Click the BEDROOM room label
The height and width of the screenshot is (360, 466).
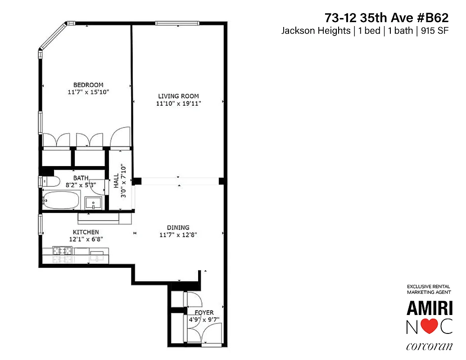pos(88,85)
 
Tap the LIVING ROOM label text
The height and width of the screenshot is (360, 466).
pos(178,96)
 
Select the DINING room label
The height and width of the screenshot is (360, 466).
pos(178,227)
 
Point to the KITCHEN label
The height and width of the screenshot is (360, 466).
pos(84,232)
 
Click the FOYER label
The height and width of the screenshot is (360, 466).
pos(204,312)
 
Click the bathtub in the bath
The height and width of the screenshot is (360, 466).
pos(61,200)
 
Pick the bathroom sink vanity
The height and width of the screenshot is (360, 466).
pos(94,202)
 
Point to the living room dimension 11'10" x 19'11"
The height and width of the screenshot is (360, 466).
pos(178,103)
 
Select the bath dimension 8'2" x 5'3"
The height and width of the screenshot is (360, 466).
pos(81,184)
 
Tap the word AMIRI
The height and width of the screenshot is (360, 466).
pos(430,308)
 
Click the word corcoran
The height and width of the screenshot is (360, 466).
pos(429,346)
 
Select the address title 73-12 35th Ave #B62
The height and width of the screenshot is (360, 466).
pos(386,18)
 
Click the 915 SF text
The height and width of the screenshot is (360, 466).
pos(435,31)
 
